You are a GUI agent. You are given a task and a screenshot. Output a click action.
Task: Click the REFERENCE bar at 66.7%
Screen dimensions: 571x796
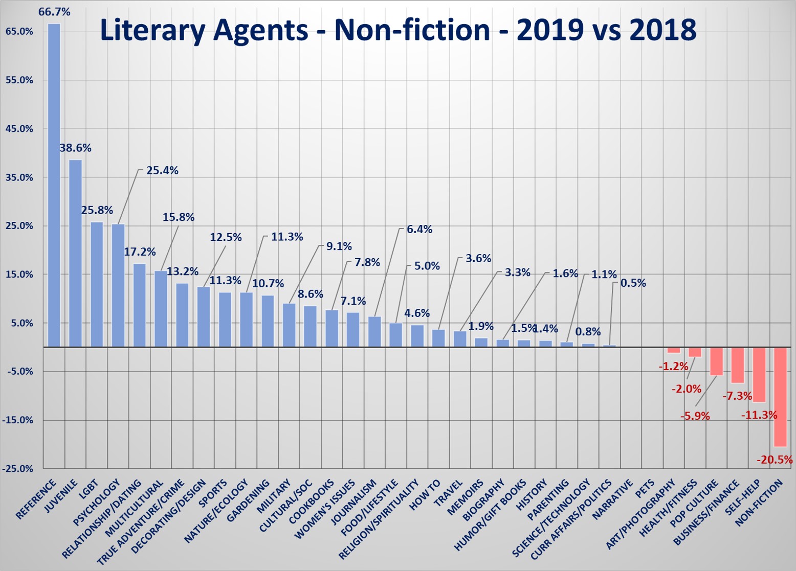pyautogui.click(x=54, y=185)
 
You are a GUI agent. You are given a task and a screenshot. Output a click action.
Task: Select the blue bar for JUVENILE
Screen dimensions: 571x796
pyautogui.click(x=75, y=253)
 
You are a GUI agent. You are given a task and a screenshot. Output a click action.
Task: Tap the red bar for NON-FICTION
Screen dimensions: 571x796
pyautogui.click(x=780, y=397)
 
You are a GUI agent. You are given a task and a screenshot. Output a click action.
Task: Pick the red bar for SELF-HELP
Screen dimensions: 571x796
pyautogui.click(x=759, y=375)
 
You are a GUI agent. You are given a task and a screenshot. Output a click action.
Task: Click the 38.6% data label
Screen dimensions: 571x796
pyautogui.click(x=76, y=148)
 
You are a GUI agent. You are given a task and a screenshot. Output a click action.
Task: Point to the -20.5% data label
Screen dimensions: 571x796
pyautogui.click(x=774, y=460)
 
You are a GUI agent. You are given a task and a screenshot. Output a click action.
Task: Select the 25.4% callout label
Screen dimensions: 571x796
pyautogui.click(x=162, y=171)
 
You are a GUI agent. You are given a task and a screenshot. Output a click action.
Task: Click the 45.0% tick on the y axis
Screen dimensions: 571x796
pyautogui.click(x=19, y=129)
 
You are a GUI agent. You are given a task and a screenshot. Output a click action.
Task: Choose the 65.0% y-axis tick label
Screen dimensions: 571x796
pyautogui.click(x=19, y=32)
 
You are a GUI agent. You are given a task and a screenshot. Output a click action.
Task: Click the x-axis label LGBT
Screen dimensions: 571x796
pyautogui.click(x=89, y=490)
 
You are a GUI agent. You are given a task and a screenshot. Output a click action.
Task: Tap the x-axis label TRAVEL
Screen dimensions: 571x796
pyautogui.click(x=449, y=492)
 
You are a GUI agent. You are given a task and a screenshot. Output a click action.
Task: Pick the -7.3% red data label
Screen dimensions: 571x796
pyautogui.click(x=737, y=396)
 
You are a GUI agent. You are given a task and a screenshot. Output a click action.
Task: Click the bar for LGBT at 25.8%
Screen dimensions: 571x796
pyautogui.click(x=97, y=284)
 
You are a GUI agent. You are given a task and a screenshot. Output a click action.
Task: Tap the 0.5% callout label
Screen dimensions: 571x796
pyautogui.click(x=633, y=283)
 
